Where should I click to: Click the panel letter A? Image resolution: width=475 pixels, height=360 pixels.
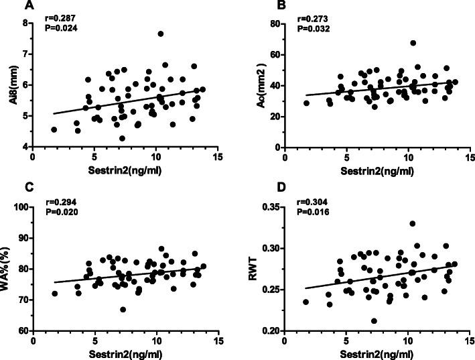click(10, 7)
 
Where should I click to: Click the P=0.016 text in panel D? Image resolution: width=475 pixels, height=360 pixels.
click(299, 213)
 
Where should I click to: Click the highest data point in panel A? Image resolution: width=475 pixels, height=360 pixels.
click(161, 34)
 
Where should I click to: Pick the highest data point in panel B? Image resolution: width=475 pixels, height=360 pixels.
click(413, 43)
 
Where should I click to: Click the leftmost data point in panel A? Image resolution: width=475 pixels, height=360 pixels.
click(54, 129)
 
